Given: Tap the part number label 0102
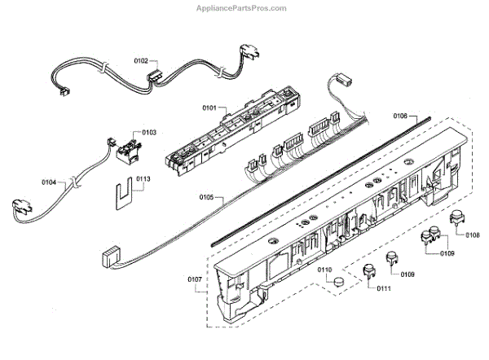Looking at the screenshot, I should (140, 60).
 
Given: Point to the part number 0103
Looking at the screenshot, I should (148, 132).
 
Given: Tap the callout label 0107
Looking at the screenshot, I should (195, 280).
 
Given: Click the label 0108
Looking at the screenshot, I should (472, 236).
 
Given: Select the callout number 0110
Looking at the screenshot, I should (324, 269).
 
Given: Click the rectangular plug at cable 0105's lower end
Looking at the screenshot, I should (108, 257).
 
